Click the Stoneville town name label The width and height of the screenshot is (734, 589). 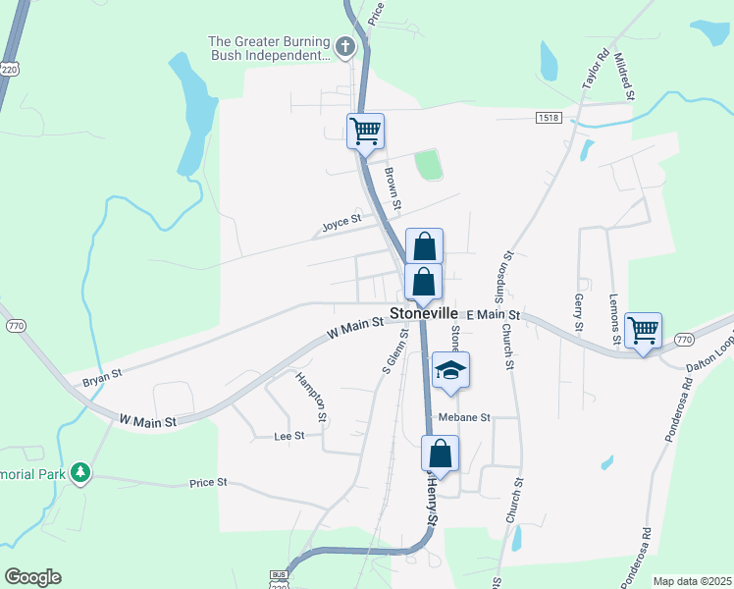click(x=424, y=313)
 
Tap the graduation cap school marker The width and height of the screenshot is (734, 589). click(x=450, y=370)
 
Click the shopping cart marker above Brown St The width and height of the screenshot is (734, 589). click(x=365, y=130)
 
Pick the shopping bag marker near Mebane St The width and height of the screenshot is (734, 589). click(x=441, y=455)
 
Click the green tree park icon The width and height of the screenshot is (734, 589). click(x=79, y=473)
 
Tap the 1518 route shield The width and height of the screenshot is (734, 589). click(x=550, y=118)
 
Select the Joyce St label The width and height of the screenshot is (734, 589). click(x=341, y=225)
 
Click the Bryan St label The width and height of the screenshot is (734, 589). click(x=101, y=374)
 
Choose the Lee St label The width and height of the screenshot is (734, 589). click(x=289, y=435)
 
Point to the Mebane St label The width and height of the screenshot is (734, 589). click(x=464, y=417)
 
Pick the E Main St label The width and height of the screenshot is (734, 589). click(x=494, y=314)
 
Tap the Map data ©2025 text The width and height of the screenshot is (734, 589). click(x=691, y=581)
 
